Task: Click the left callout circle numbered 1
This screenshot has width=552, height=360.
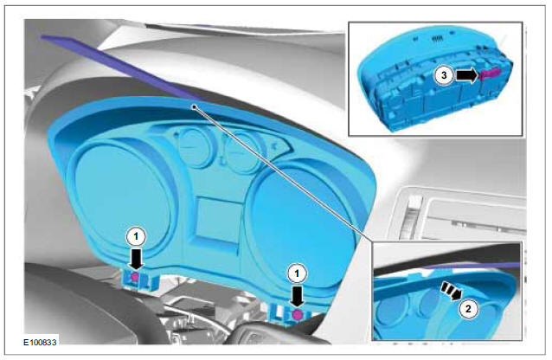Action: [134, 235]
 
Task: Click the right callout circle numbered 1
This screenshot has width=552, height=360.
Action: [298, 272]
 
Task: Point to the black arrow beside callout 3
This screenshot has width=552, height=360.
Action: [465, 75]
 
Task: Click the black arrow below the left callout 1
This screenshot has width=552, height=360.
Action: [135, 257]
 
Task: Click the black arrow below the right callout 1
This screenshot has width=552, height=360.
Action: [298, 295]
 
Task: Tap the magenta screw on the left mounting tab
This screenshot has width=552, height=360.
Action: [136, 276]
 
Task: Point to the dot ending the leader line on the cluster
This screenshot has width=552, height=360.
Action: [197, 107]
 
